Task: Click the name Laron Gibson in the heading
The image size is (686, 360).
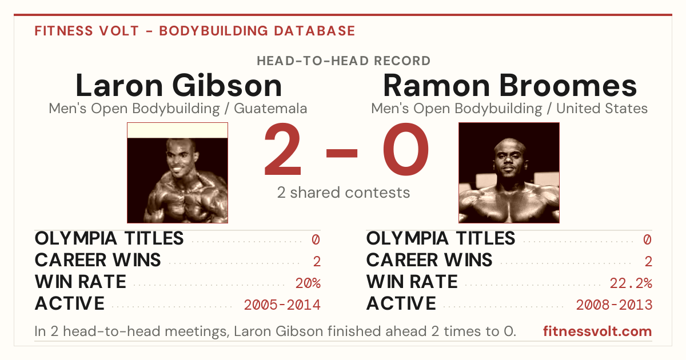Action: pos(178,86)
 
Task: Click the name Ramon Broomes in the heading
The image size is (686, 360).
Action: pos(510,86)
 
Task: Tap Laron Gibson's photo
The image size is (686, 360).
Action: pos(178,173)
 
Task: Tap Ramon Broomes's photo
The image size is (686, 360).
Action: pos(509,173)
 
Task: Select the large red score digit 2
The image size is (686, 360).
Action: pos(282,149)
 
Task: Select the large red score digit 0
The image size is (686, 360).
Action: pos(406,149)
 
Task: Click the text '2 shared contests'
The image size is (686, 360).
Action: pos(344,193)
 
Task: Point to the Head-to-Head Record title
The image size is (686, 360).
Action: pos(344,61)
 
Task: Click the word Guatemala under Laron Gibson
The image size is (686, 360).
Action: pos(270,109)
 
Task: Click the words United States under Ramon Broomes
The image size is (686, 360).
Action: pos(602,109)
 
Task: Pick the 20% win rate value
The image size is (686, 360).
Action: pos(308,283)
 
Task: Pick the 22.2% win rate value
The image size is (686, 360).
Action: pos(631,283)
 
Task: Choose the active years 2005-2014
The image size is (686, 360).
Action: pos(282,305)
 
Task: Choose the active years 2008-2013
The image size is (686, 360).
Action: pos(614,305)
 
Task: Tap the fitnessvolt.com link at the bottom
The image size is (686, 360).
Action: pos(597,331)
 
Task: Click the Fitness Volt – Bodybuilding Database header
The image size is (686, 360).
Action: pos(195,31)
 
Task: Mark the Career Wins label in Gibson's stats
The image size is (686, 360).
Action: pos(98,260)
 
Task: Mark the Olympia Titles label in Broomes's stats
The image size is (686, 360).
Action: pos(441,238)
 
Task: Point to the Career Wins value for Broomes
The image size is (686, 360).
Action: pos(648,262)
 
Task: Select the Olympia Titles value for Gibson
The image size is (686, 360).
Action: pos(316,239)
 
